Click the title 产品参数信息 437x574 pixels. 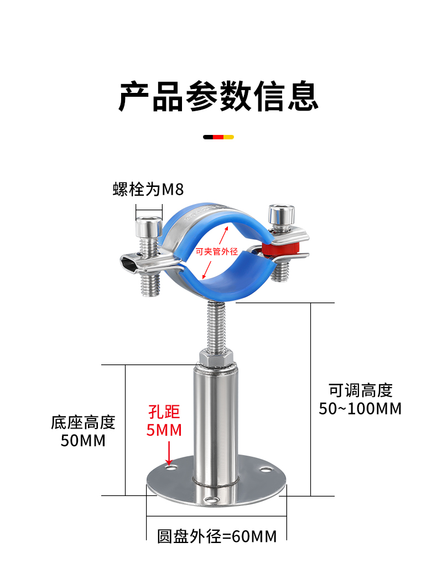pos(218,96)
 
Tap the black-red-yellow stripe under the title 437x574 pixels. pos(218,136)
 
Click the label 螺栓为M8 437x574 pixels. pos(148,189)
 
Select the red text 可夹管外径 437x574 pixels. pos(217,251)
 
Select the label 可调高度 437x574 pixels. pos(361,390)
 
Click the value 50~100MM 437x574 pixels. pos(361,409)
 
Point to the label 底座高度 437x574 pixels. pos(83,422)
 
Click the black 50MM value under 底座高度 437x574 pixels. pos(83,441)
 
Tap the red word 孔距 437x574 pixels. pos(164,412)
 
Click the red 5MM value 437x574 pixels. pos(164,430)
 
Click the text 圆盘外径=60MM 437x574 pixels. pos(217,536)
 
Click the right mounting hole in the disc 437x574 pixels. pos(267,470)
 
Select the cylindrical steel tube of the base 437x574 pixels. pos(215,420)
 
